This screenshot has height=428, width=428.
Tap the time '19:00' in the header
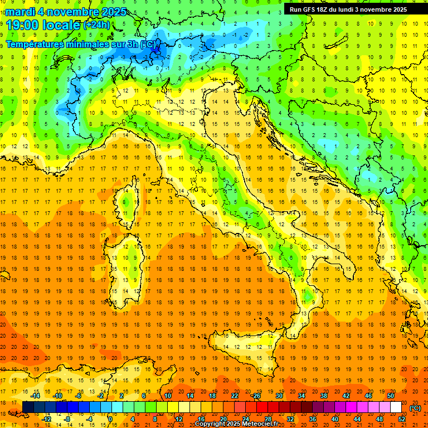point(23,25)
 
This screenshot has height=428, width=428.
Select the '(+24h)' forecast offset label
point(96,25)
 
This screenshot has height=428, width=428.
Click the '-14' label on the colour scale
point(36,396)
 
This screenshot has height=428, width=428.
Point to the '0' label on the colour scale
point(110,419)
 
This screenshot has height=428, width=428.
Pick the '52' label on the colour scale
point(402,419)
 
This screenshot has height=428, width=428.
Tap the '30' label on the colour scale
point(279,396)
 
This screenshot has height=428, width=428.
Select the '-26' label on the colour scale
point(256,396)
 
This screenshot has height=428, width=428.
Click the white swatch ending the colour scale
point(396,407)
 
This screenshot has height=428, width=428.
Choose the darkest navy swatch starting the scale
point(28,407)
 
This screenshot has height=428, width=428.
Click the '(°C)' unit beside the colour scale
point(415,408)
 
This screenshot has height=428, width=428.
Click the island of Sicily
point(240,348)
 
